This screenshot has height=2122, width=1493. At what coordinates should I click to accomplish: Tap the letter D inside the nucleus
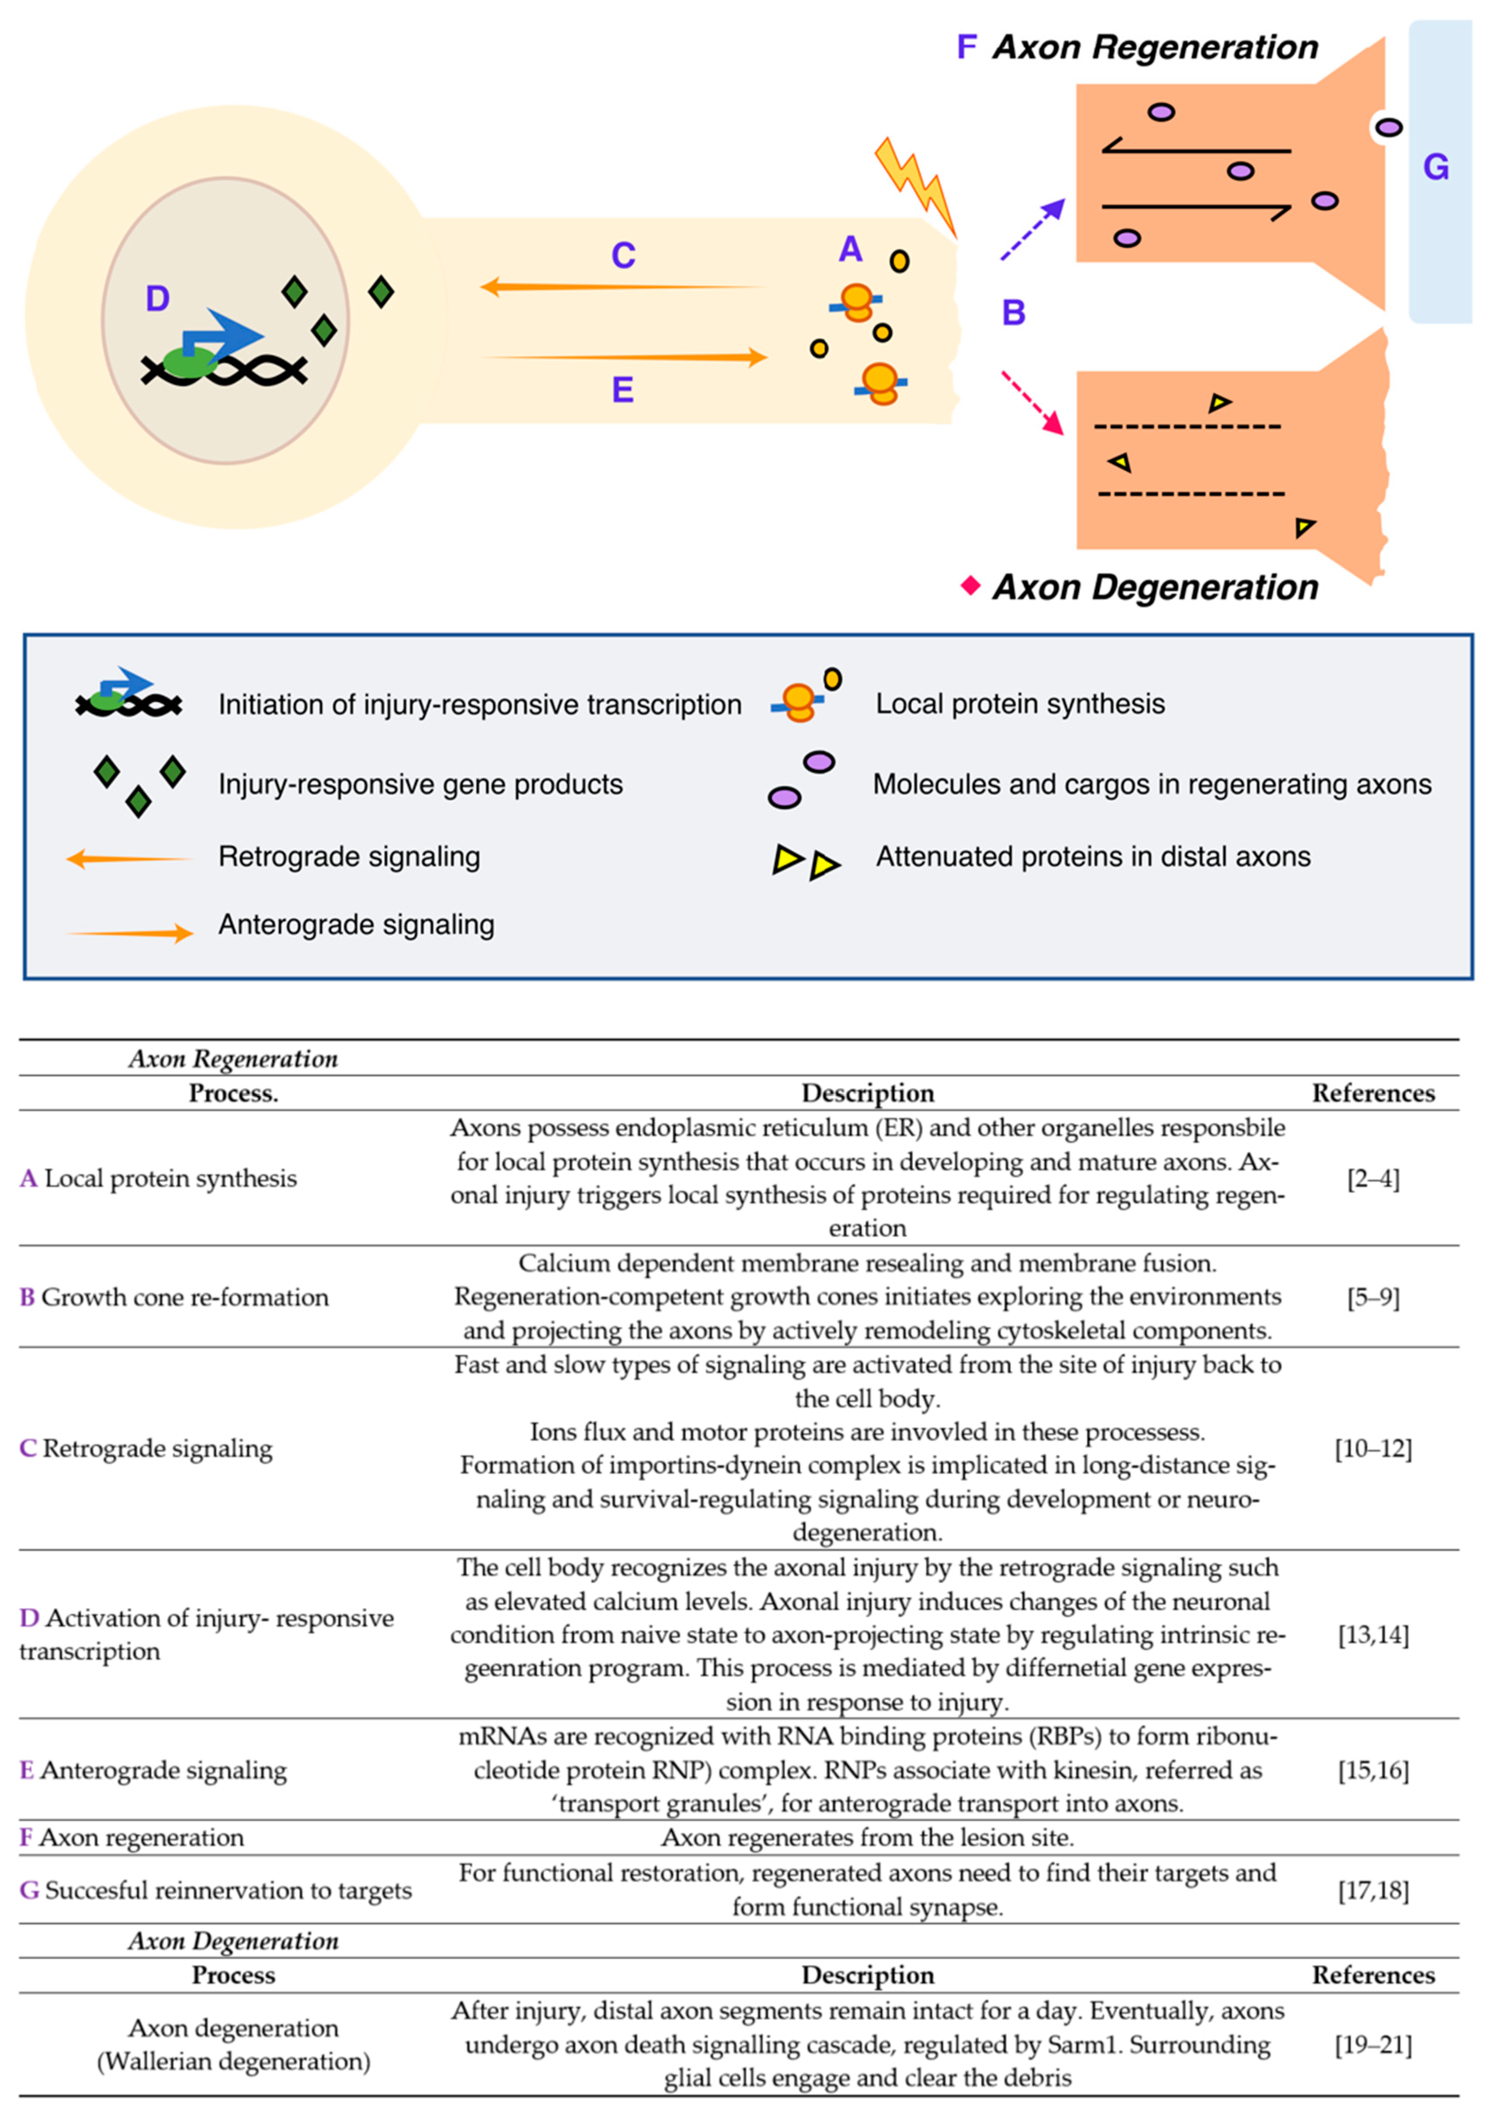[x=157, y=298]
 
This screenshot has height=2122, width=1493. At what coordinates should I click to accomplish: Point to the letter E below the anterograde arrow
[x=623, y=390]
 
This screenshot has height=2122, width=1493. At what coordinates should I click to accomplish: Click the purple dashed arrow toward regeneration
[x=1033, y=229]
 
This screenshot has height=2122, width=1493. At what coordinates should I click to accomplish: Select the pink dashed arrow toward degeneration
[x=1033, y=403]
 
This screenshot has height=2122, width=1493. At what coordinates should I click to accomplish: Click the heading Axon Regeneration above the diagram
[x=1155, y=47]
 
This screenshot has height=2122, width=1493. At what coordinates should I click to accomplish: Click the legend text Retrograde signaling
[x=349, y=857]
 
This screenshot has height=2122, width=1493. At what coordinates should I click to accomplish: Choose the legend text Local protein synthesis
[x=1020, y=704]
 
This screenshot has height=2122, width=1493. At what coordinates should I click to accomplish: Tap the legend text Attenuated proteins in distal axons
[x=1093, y=857]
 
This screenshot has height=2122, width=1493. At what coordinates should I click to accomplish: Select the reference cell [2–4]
[x=1373, y=1179]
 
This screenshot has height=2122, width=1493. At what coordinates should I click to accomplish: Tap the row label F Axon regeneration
[x=132, y=1837]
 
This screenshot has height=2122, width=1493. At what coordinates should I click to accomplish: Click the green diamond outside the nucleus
[x=381, y=292]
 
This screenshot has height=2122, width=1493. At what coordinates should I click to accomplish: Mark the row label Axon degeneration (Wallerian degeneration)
[x=234, y=2044]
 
